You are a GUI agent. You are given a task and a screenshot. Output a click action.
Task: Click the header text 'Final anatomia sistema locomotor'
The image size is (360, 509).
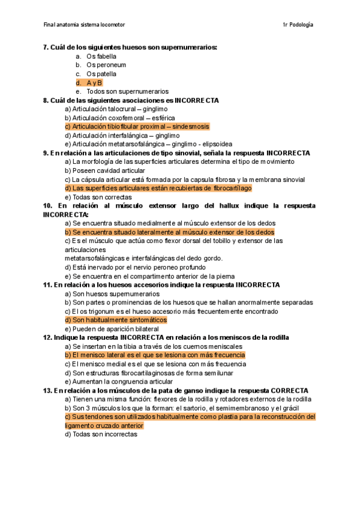pyautogui.click(x=85, y=25)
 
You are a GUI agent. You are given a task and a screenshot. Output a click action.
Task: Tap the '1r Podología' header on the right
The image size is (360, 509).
pyautogui.click(x=297, y=25)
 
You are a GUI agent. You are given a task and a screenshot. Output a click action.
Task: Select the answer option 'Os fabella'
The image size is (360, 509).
pyautogui.click(x=101, y=56)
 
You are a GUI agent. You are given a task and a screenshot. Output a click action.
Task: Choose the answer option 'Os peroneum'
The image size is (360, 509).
pyautogui.click(x=106, y=65)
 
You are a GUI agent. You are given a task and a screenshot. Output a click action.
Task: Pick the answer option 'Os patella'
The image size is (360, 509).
pyautogui.click(x=101, y=74)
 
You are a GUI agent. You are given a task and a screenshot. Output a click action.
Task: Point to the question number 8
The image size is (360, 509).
pyautogui.click(x=46, y=100)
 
